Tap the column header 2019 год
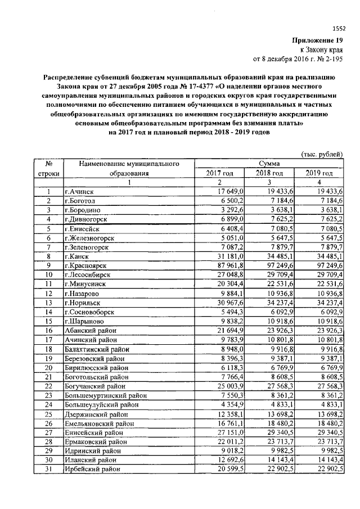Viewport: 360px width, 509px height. (x=319, y=173)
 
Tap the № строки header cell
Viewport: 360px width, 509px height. (x=48, y=168)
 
